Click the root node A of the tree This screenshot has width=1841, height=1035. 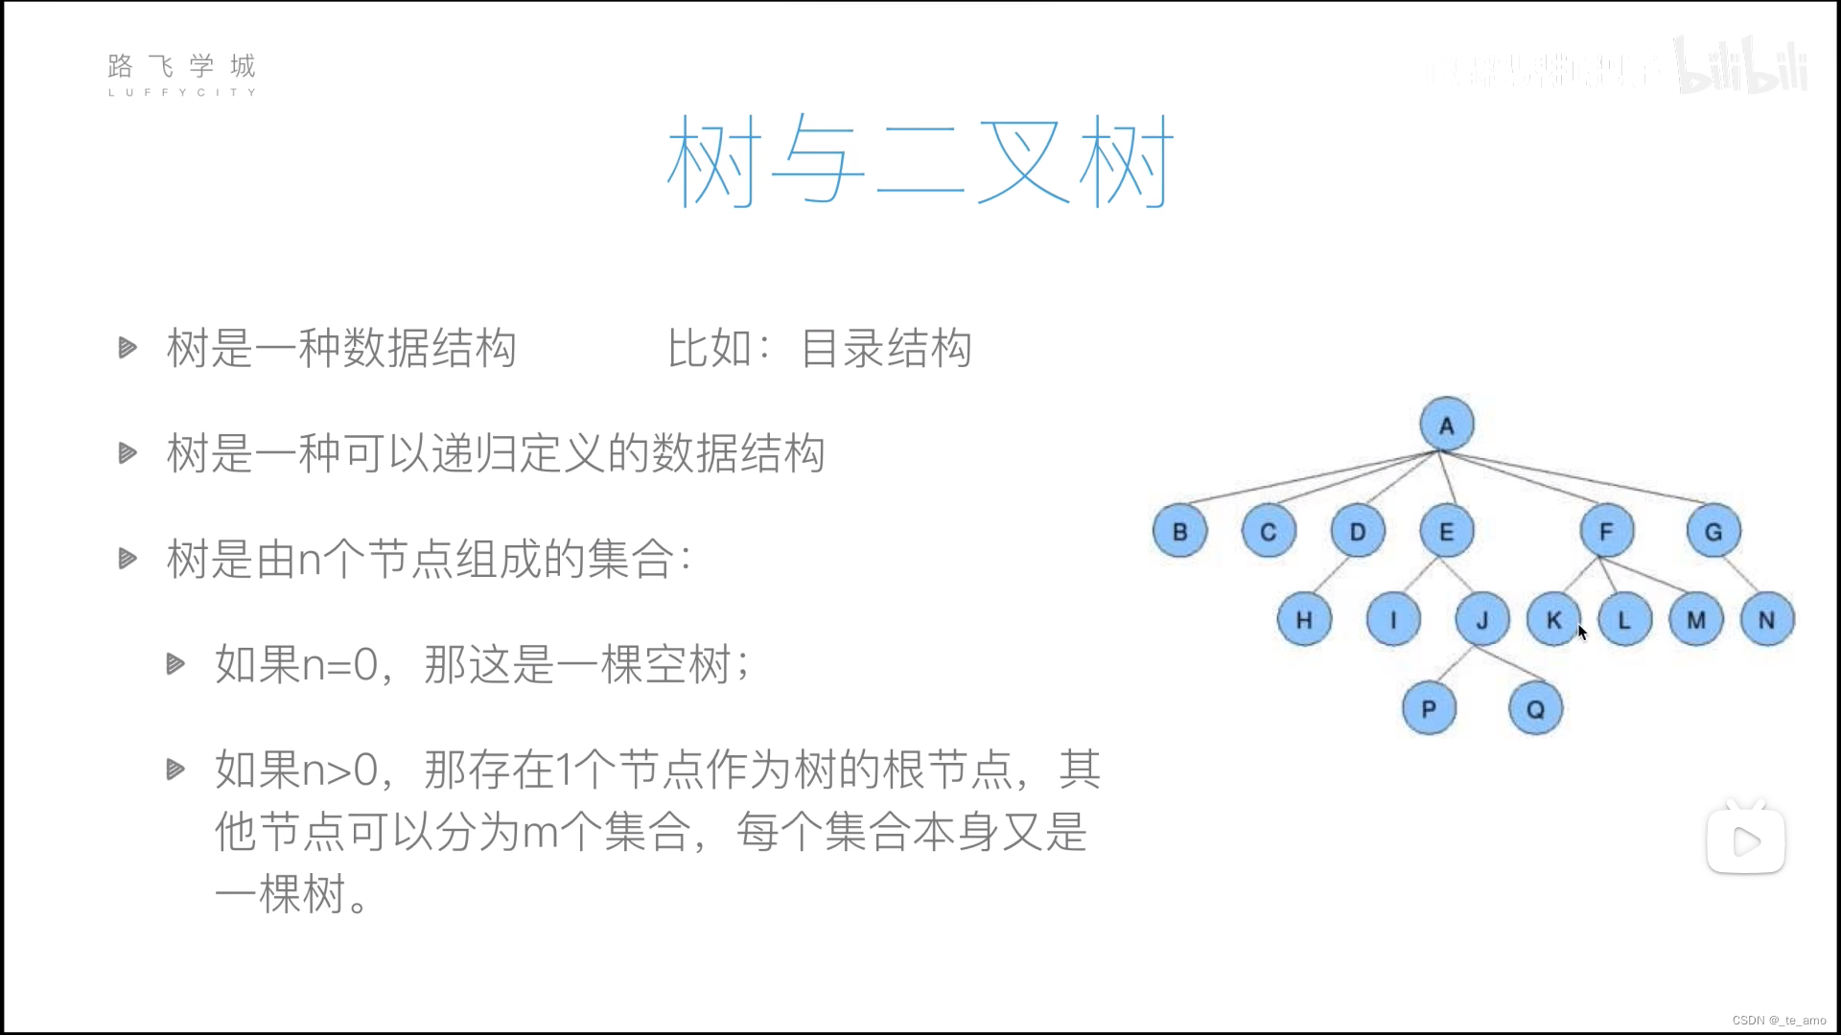click(1446, 425)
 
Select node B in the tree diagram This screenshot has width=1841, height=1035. click(1179, 532)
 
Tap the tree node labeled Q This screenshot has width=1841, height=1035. click(1535, 709)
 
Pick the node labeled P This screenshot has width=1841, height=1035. click(1429, 709)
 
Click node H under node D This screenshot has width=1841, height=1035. click(1304, 620)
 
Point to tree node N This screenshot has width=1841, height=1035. click(1766, 620)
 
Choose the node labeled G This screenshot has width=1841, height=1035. click(1713, 532)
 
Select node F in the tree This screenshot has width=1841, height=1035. click(1606, 531)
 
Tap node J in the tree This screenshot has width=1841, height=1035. click(1482, 620)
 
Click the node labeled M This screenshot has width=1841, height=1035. click(1696, 620)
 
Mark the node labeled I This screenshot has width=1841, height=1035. click(1393, 620)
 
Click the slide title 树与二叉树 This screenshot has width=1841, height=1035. click(920, 161)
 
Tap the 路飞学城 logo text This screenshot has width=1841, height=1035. click(182, 67)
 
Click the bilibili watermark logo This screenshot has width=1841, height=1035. click(1741, 67)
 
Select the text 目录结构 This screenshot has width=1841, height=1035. click(886, 348)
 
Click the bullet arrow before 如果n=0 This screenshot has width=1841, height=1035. click(175, 663)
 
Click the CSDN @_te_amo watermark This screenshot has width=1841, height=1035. click(1779, 1021)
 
